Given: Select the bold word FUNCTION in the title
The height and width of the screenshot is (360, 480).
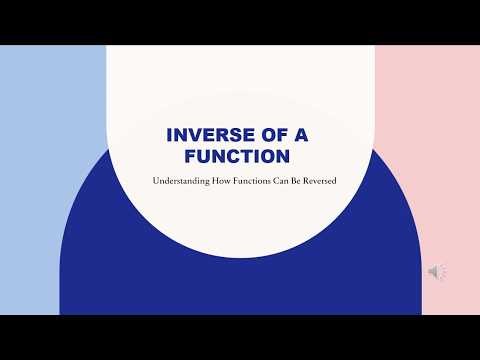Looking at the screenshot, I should click(239, 156).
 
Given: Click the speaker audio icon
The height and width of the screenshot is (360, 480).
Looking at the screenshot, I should click(437, 272).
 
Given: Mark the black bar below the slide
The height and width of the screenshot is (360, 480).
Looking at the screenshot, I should click(240, 337).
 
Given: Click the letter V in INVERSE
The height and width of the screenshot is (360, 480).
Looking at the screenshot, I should click(193, 136).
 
